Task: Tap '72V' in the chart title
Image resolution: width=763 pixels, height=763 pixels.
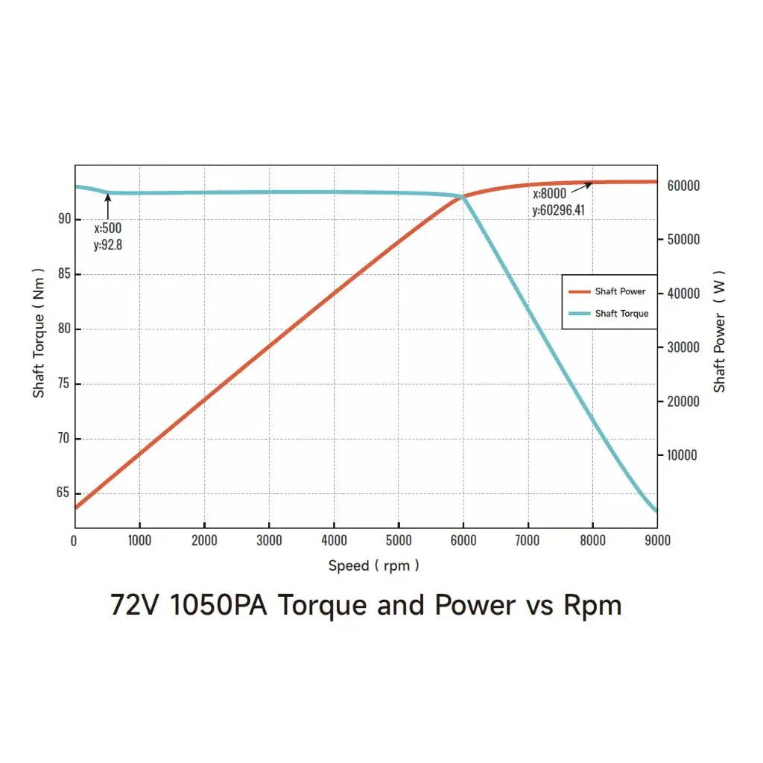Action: click(x=136, y=604)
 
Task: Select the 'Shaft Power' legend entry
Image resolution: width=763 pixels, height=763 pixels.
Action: click(x=620, y=291)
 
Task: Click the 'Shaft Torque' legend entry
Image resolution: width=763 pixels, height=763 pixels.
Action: click(x=621, y=314)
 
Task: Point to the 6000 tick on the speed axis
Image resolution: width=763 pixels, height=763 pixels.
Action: click(x=463, y=540)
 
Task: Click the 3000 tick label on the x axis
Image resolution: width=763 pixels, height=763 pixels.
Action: click(x=269, y=540)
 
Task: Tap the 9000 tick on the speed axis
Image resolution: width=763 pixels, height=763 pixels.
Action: click(x=656, y=540)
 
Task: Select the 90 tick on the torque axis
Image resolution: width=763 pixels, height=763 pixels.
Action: click(x=64, y=219)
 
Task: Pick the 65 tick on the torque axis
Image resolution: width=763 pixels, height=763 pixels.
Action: click(x=64, y=493)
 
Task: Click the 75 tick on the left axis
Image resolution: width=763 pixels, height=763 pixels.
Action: click(x=64, y=384)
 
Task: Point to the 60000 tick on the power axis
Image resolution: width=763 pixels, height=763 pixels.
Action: click(x=682, y=186)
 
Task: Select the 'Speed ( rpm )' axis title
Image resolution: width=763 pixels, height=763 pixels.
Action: click(x=373, y=566)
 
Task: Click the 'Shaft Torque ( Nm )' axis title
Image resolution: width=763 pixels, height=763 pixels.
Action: click(x=39, y=333)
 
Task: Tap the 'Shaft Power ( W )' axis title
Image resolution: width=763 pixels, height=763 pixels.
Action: click(x=719, y=341)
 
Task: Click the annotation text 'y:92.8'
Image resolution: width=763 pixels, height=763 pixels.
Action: click(x=107, y=244)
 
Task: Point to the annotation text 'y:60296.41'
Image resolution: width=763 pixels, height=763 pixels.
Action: click(x=558, y=210)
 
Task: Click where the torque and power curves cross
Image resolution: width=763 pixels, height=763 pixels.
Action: click(x=463, y=197)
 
